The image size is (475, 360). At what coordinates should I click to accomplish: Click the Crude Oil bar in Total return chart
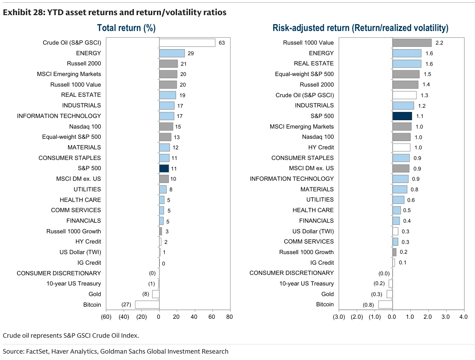click(187, 43)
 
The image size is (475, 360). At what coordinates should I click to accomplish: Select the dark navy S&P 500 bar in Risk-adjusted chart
click(402, 116)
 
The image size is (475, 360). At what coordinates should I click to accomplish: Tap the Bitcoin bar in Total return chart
click(147, 304)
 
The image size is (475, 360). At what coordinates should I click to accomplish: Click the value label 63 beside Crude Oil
click(222, 43)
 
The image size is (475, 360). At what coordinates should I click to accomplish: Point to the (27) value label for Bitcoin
click(126, 304)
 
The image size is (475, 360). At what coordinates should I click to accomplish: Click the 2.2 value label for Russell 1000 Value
click(439, 43)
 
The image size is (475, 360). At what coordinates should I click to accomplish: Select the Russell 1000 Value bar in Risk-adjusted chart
click(412, 43)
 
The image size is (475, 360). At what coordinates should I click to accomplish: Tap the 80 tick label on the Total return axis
click(229, 317)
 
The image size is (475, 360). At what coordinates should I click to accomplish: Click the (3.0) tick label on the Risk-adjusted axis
click(339, 317)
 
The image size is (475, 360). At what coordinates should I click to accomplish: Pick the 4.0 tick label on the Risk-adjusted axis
click(464, 317)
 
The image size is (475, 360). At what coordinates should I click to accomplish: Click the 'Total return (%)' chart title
click(126, 28)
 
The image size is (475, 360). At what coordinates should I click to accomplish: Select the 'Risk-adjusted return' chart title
click(311, 28)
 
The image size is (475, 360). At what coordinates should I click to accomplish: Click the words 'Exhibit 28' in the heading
click(23, 12)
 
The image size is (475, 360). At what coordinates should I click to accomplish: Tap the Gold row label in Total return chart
click(95, 294)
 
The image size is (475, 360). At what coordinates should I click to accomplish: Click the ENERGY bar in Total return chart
click(172, 53)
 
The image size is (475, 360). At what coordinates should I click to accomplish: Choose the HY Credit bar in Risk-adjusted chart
click(401, 147)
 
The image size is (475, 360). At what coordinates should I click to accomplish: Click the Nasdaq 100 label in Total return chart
click(85, 126)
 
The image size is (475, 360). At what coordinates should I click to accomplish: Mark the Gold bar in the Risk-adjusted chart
click(390, 294)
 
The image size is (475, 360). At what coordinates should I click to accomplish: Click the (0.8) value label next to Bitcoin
click(368, 305)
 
